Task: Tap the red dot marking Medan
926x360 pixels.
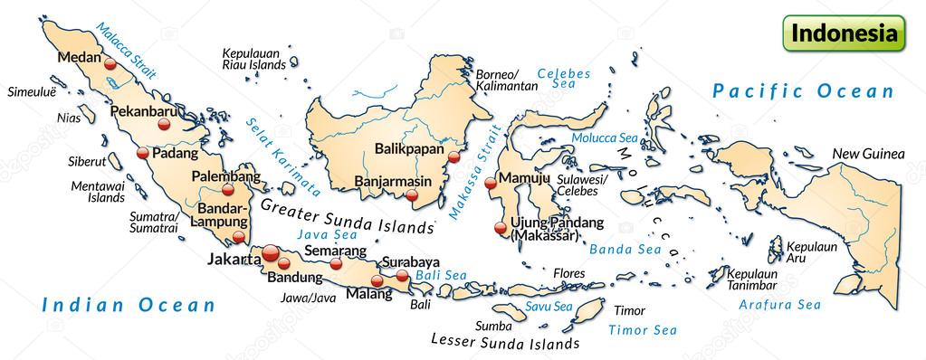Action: click(x=110, y=64)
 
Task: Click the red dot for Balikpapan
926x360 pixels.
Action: click(x=454, y=156)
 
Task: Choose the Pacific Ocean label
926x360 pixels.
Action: click(x=802, y=90)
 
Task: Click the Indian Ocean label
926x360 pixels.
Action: click(x=129, y=305)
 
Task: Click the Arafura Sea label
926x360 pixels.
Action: click(x=779, y=305)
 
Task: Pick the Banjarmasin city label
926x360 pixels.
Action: click(x=392, y=181)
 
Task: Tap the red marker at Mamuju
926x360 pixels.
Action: click(x=491, y=183)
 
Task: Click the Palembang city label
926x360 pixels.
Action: click(x=225, y=176)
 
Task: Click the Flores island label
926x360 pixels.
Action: click(x=569, y=272)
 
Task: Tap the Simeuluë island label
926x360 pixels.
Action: click(x=32, y=92)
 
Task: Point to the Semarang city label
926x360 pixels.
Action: click(x=335, y=250)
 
